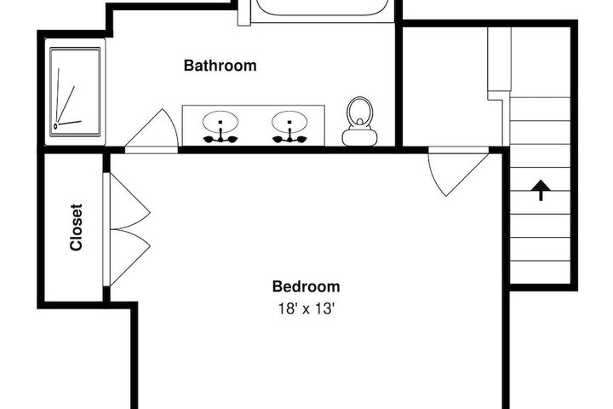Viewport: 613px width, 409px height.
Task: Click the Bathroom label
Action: [221, 66]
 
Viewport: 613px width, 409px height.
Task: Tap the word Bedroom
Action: [306, 286]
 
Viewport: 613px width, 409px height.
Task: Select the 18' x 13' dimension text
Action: [306, 308]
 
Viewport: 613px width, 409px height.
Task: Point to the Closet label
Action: [76, 227]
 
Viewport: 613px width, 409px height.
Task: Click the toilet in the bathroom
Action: [359, 121]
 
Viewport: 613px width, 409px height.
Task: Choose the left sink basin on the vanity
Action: [221, 121]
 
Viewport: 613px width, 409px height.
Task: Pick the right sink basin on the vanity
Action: [289, 121]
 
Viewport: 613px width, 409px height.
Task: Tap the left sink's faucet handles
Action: [221, 138]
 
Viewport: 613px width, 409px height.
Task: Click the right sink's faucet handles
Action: [289, 138]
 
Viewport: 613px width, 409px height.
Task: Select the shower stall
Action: [75, 92]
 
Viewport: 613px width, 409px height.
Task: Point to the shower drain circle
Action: [55, 126]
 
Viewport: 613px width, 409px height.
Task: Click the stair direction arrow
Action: [541, 191]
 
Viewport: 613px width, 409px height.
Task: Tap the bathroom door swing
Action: [152, 129]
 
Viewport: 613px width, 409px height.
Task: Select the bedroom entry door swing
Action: [458, 171]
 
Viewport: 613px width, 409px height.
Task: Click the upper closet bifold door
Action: [130, 201]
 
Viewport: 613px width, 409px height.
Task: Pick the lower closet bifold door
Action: [130, 257]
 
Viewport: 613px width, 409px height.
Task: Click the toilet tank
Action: [359, 137]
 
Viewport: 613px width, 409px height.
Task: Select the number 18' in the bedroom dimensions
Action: [286, 308]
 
